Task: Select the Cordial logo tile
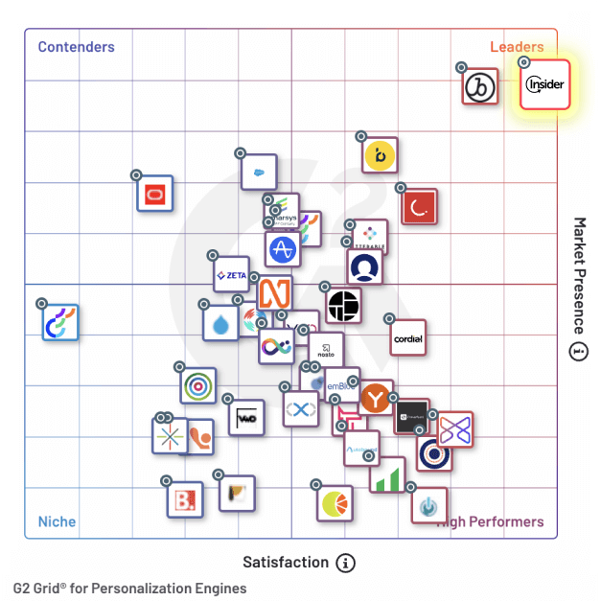tap(408, 338)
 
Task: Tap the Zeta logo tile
tap(232, 275)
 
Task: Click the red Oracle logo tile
tap(155, 195)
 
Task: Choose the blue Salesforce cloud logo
tap(259, 173)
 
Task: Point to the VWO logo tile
tap(246, 418)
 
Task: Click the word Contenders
tap(76, 47)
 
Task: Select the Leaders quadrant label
tap(517, 47)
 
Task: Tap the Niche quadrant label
tap(57, 522)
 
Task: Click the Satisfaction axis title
tap(285, 563)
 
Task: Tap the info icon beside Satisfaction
tap(346, 563)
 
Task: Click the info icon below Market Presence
tap(578, 351)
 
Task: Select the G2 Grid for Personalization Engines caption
tap(129, 589)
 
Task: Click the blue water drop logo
tap(221, 323)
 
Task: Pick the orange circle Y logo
tap(377, 397)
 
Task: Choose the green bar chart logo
tap(387, 475)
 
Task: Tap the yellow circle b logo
tap(381, 154)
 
